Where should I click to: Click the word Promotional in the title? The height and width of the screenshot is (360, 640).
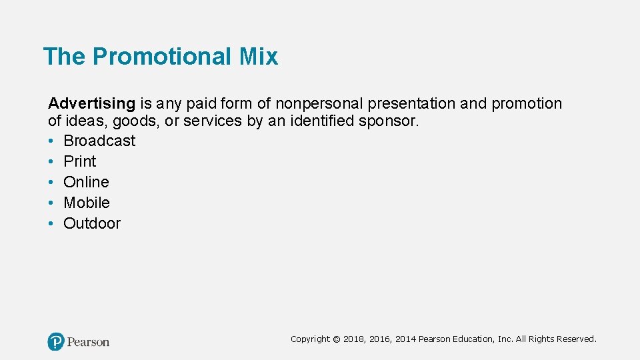[x=162, y=57]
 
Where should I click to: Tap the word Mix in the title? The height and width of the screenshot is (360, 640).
[x=258, y=57]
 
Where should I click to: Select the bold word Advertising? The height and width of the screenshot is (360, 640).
[x=91, y=104]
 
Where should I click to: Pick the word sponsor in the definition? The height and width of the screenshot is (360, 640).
[x=393, y=121]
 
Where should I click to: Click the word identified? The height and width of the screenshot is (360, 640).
[x=323, y=121]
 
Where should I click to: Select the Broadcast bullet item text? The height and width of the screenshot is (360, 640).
[x=99, y=141]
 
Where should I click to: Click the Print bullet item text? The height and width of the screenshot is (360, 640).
[x=79, y=161]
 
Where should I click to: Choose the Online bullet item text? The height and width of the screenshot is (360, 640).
[x=86, y=182]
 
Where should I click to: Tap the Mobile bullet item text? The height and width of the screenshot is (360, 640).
[x=87, y=203]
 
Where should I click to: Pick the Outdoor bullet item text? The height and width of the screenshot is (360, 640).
[x=92, y=223]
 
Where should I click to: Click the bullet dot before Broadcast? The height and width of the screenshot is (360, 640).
[x=51, y=141]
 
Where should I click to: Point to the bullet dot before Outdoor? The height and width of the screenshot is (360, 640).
[x=51, y=224]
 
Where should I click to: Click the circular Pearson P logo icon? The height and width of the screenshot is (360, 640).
[x=56, y=342]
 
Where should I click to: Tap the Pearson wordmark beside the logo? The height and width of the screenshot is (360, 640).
[x=88, y=342]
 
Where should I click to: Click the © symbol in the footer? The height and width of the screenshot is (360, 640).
[x=336, y=339]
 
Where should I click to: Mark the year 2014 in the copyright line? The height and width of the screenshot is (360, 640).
[x=405, y=339]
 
